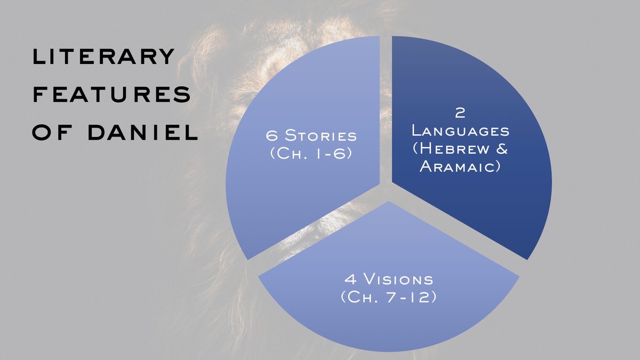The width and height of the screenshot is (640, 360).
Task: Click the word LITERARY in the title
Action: click(x=103, y=57)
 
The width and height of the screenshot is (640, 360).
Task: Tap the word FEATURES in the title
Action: click(x=111, y=94)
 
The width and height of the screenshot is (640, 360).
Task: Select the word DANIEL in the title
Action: click(x=143, y=132)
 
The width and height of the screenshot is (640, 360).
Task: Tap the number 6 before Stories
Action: click(x=271, y=135)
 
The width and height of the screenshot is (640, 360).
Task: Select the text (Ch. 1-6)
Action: click(x=311, y=154)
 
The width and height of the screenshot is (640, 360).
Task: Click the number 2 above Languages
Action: click(x=460, y=113)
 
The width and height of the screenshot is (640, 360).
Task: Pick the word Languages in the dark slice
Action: click(x=461, y=131)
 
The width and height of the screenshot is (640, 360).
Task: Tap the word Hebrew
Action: click(x=451, y=149)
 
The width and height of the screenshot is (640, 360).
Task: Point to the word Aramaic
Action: click(x=460, y=166)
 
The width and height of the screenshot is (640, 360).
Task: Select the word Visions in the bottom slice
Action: click(x=398, y=279)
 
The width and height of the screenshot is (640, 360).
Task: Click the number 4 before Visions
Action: click(x=350, y=279)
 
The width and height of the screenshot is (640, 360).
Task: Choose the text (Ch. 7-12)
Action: click(x=389, y=297)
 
